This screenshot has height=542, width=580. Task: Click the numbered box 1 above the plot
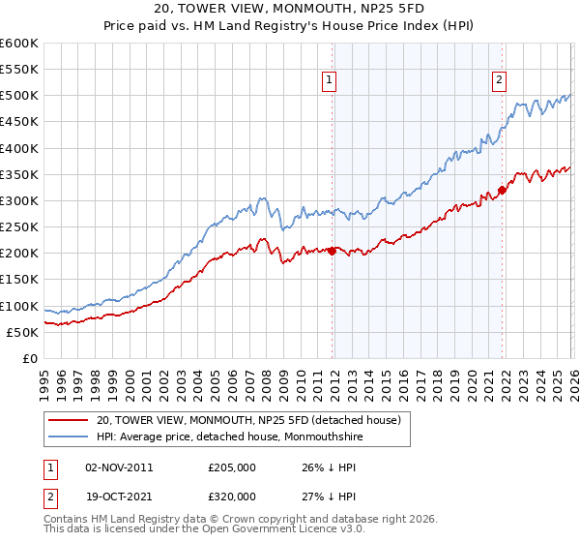[330, 81]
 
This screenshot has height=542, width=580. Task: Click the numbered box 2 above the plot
[499, 81]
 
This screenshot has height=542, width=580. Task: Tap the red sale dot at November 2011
[332, 251]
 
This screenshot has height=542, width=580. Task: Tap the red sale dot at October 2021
[502, 190]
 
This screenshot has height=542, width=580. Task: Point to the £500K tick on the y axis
[19, 96]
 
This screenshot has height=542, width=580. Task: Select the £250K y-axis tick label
[19, 227]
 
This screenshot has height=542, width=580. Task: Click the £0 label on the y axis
[29, 359]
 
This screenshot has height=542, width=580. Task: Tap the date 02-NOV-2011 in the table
[119, 467]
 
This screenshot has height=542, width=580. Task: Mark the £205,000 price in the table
[232, 467]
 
